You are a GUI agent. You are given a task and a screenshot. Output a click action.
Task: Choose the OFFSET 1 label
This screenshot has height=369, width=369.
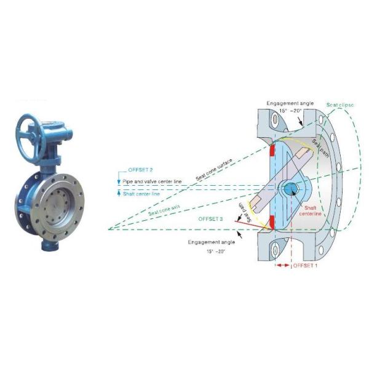pos(306,265)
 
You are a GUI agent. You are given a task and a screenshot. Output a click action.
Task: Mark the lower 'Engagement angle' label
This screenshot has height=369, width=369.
pos(208,243)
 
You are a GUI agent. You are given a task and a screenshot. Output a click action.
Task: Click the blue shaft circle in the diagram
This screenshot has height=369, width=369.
pos(288,188)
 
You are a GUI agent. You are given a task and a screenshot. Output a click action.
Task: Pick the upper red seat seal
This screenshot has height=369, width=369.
pos(271,150)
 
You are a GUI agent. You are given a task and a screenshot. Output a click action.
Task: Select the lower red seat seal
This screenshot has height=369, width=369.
pos(271,225)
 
